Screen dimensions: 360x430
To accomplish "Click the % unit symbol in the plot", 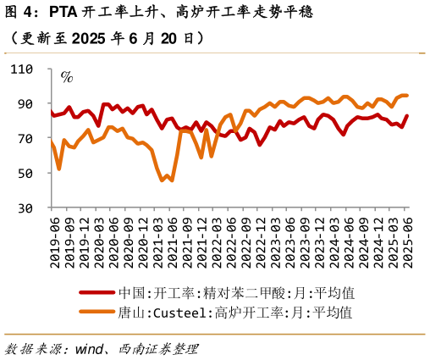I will tap(66, 77).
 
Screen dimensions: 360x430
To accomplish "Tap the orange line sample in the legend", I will tap(97, 313).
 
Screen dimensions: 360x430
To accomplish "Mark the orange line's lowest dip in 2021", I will tap(163, 180).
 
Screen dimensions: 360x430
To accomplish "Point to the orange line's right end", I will tap(407, 95).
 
